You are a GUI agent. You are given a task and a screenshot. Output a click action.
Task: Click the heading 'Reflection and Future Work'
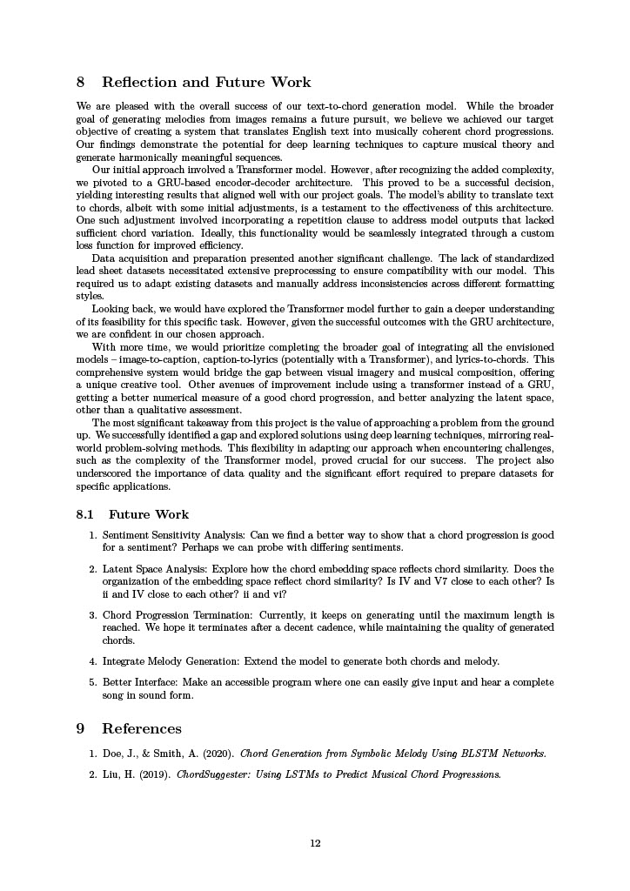click(x=206, y=83)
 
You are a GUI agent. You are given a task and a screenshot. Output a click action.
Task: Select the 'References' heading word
click(x=142, y=728)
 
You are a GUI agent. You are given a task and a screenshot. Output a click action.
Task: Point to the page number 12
click(x=315, y=842)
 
